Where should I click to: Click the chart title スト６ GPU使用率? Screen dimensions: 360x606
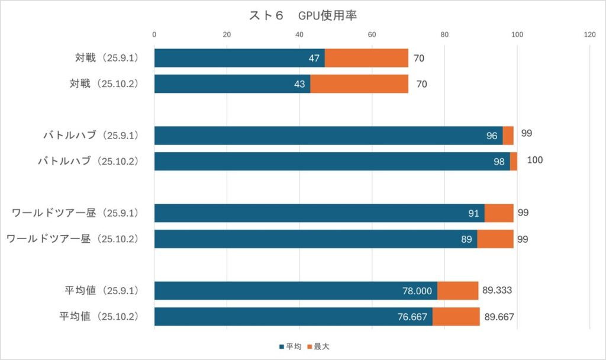tap(302, 15)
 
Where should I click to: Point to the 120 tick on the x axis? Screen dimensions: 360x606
tap(589, 34)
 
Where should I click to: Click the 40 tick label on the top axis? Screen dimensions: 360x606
tap(299, 34)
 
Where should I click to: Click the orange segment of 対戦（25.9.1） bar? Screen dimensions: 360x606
tap(366, 58)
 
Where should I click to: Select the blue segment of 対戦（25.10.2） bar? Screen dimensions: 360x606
tap(232, 84)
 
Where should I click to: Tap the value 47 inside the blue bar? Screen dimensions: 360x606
tap(314, 58)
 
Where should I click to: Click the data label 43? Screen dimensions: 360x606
tap(299, 84)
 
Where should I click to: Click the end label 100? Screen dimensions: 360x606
tap(534, 160)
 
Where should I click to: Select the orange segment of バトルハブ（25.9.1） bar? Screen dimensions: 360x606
tap(508, 136)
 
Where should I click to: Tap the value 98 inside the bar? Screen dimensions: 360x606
tap(499, 162)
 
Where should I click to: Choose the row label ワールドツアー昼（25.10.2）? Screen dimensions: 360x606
tap(72, 239)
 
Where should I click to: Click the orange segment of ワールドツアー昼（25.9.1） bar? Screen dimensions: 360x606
tap(499, 213)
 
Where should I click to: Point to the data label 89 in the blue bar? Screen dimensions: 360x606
tap(466, 239)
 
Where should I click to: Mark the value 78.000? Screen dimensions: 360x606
tap(418, 291)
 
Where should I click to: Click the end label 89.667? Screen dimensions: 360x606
tap(499, 317)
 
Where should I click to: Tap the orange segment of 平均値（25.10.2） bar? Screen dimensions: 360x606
tap(456, 317)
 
